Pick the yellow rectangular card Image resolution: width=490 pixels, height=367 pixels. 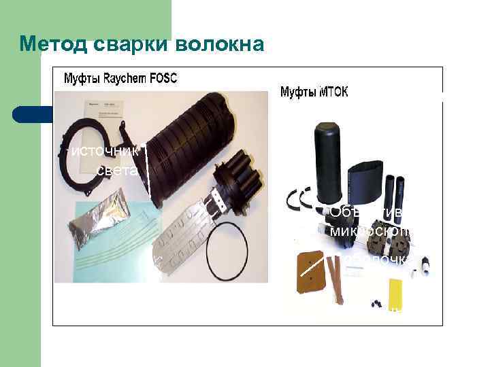coord(395,292)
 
